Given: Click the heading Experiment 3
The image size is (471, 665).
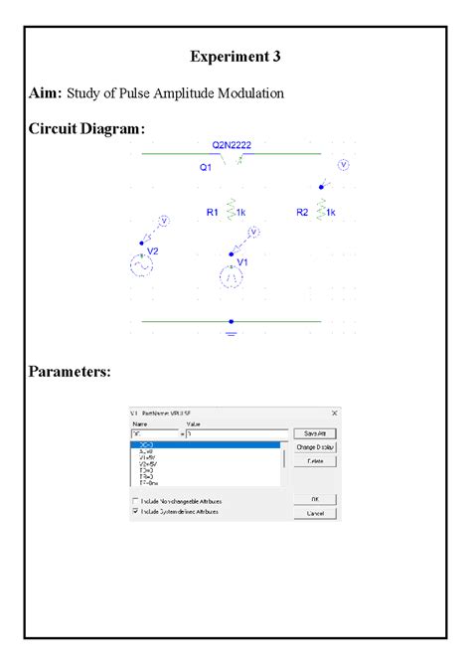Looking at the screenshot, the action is pos(235,57).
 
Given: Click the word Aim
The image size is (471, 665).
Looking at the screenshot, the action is pos(44,93).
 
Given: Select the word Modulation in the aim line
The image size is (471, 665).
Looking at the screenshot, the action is pos(250,93).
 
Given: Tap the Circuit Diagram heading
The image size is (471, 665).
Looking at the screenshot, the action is pos(85,128).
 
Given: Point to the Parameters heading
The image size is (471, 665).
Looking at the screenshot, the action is pos(70,372).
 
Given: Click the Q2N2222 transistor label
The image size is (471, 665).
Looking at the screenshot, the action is pos(231,145).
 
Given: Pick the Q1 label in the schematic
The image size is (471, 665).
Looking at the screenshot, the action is pos(206,168).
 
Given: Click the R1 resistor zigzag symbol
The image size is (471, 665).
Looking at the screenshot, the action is pos(231,211).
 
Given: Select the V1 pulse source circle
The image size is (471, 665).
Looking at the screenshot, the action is pos(232,277).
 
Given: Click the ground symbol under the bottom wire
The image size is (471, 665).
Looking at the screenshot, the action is pos(232,332).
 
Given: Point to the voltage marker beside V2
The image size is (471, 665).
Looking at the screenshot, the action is pos(166,223).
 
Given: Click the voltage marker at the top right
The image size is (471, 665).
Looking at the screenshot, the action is pos(344,165).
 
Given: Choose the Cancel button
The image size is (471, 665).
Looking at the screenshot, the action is pos(315,513).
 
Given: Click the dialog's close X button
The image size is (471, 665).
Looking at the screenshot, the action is pos(334,413).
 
